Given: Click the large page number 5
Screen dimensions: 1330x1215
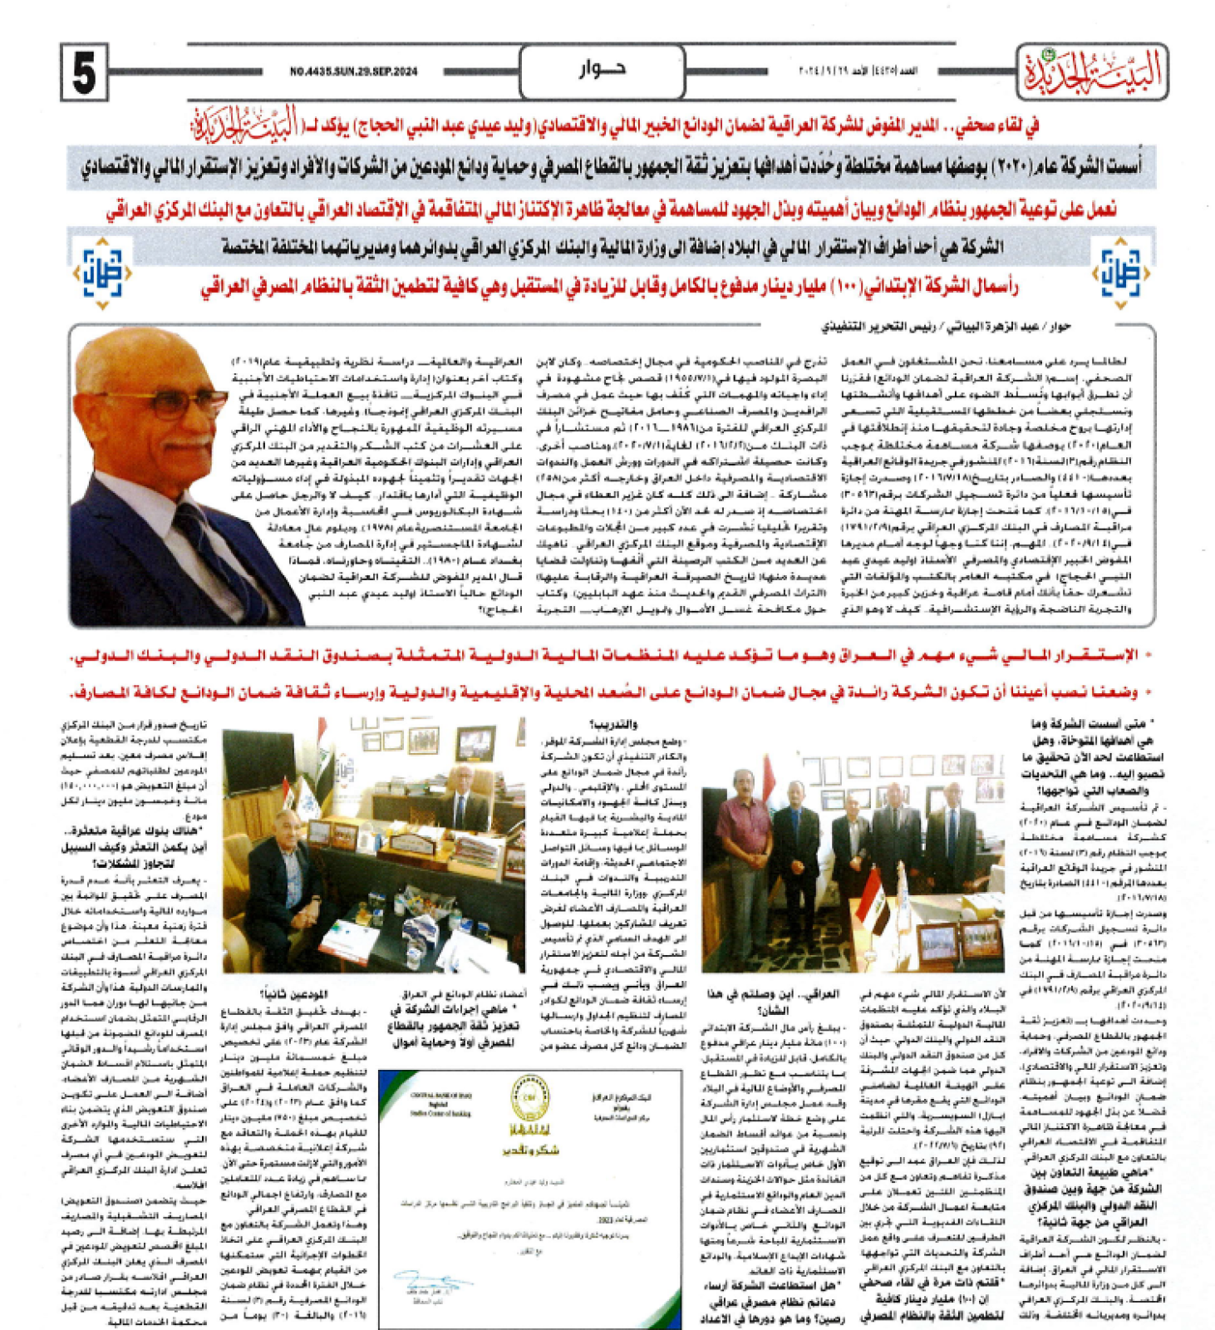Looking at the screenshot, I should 84,72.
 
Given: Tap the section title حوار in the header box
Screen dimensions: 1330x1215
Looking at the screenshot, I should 603,70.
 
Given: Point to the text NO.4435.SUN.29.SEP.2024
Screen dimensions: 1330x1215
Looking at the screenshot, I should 354,72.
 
